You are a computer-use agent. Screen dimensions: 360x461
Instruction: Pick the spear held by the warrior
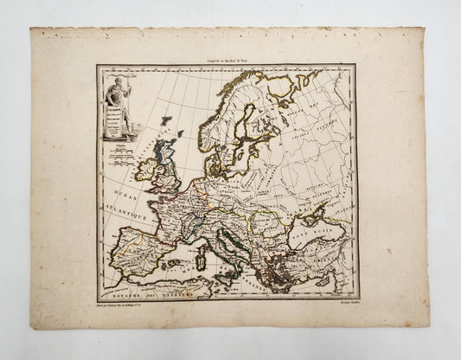[127, 95]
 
